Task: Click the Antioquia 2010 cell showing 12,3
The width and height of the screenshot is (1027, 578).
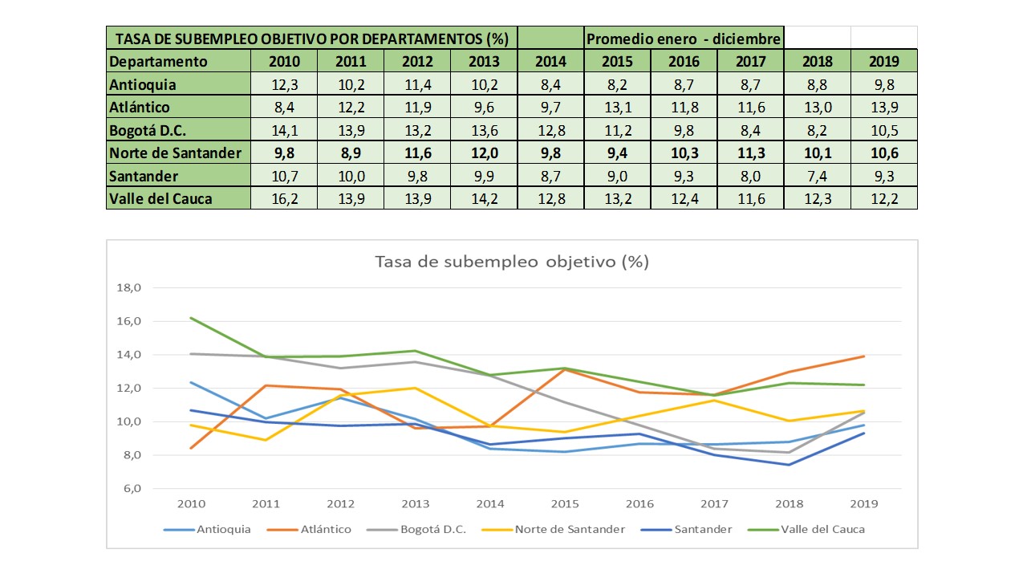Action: pyautogui.click(x=283, y=84)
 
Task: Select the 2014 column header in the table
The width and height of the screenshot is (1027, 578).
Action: pyautogui.click(x=550, y=61)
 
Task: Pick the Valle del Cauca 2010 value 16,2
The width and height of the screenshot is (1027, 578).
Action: pyautogui.click(x=283, y=197)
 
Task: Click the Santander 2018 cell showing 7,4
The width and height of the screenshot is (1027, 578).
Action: pyautogui.click(x=817, y=175)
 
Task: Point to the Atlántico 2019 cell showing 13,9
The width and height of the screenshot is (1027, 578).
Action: pyautogui.click(x=883, y=107)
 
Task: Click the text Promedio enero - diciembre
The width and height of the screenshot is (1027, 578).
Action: pyautogui.click(x=684, y=39)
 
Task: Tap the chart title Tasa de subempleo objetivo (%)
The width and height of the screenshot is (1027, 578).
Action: pyautogui.click(x=512, y=262)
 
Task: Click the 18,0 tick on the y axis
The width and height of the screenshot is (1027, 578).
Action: pyautogui.click(x=129, y=287)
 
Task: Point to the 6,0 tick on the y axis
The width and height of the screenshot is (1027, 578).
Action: pyautogui.click(x=129, y=488)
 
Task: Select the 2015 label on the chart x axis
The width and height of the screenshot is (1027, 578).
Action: pyautogui.click(x=565, y=504)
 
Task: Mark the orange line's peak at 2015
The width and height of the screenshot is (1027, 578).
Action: pyautogui.click(x=565, y=369)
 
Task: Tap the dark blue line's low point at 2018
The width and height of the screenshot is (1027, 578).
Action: pyautogui.click(x=789, y=465)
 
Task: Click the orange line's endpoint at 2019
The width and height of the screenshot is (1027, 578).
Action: pyautogui.click(x=863, y=356)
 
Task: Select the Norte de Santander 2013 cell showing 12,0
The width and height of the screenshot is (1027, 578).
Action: pyautogui.click(x=484, y=153)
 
